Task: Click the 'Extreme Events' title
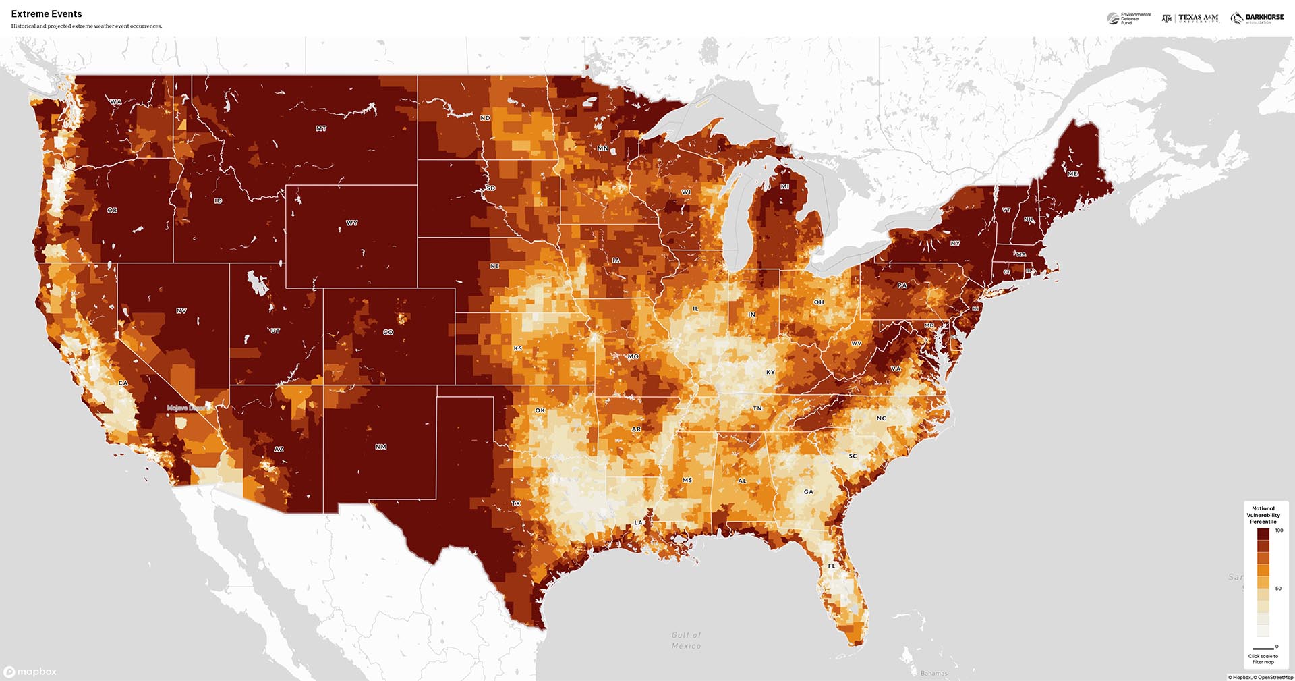tap(47, 13)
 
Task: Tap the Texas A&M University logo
tap(1190, 18)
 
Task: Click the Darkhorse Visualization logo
tap(1257, 18)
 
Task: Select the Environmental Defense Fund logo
tap(1129, 18)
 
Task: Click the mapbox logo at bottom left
tap(30, 672)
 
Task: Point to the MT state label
tap(321, 128)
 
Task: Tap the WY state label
tap(352, 223)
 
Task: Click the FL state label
tap(832, 566)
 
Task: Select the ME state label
tap(1072, 174)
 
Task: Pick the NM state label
tap(381, 447)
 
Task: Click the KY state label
tap(770, 372)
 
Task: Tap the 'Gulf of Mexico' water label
tap(686, 641)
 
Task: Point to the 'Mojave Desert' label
tap(188, 408)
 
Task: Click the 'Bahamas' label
tap(933, 673)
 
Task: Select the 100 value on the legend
tap(1279, 530)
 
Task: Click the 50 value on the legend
tap(1278, 589)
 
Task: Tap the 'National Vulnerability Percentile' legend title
tap(1263, 515)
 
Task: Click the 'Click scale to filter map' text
tap(1263, 659)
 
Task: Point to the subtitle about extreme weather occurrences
tap(86, 26)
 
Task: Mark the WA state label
tap(116, 102)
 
